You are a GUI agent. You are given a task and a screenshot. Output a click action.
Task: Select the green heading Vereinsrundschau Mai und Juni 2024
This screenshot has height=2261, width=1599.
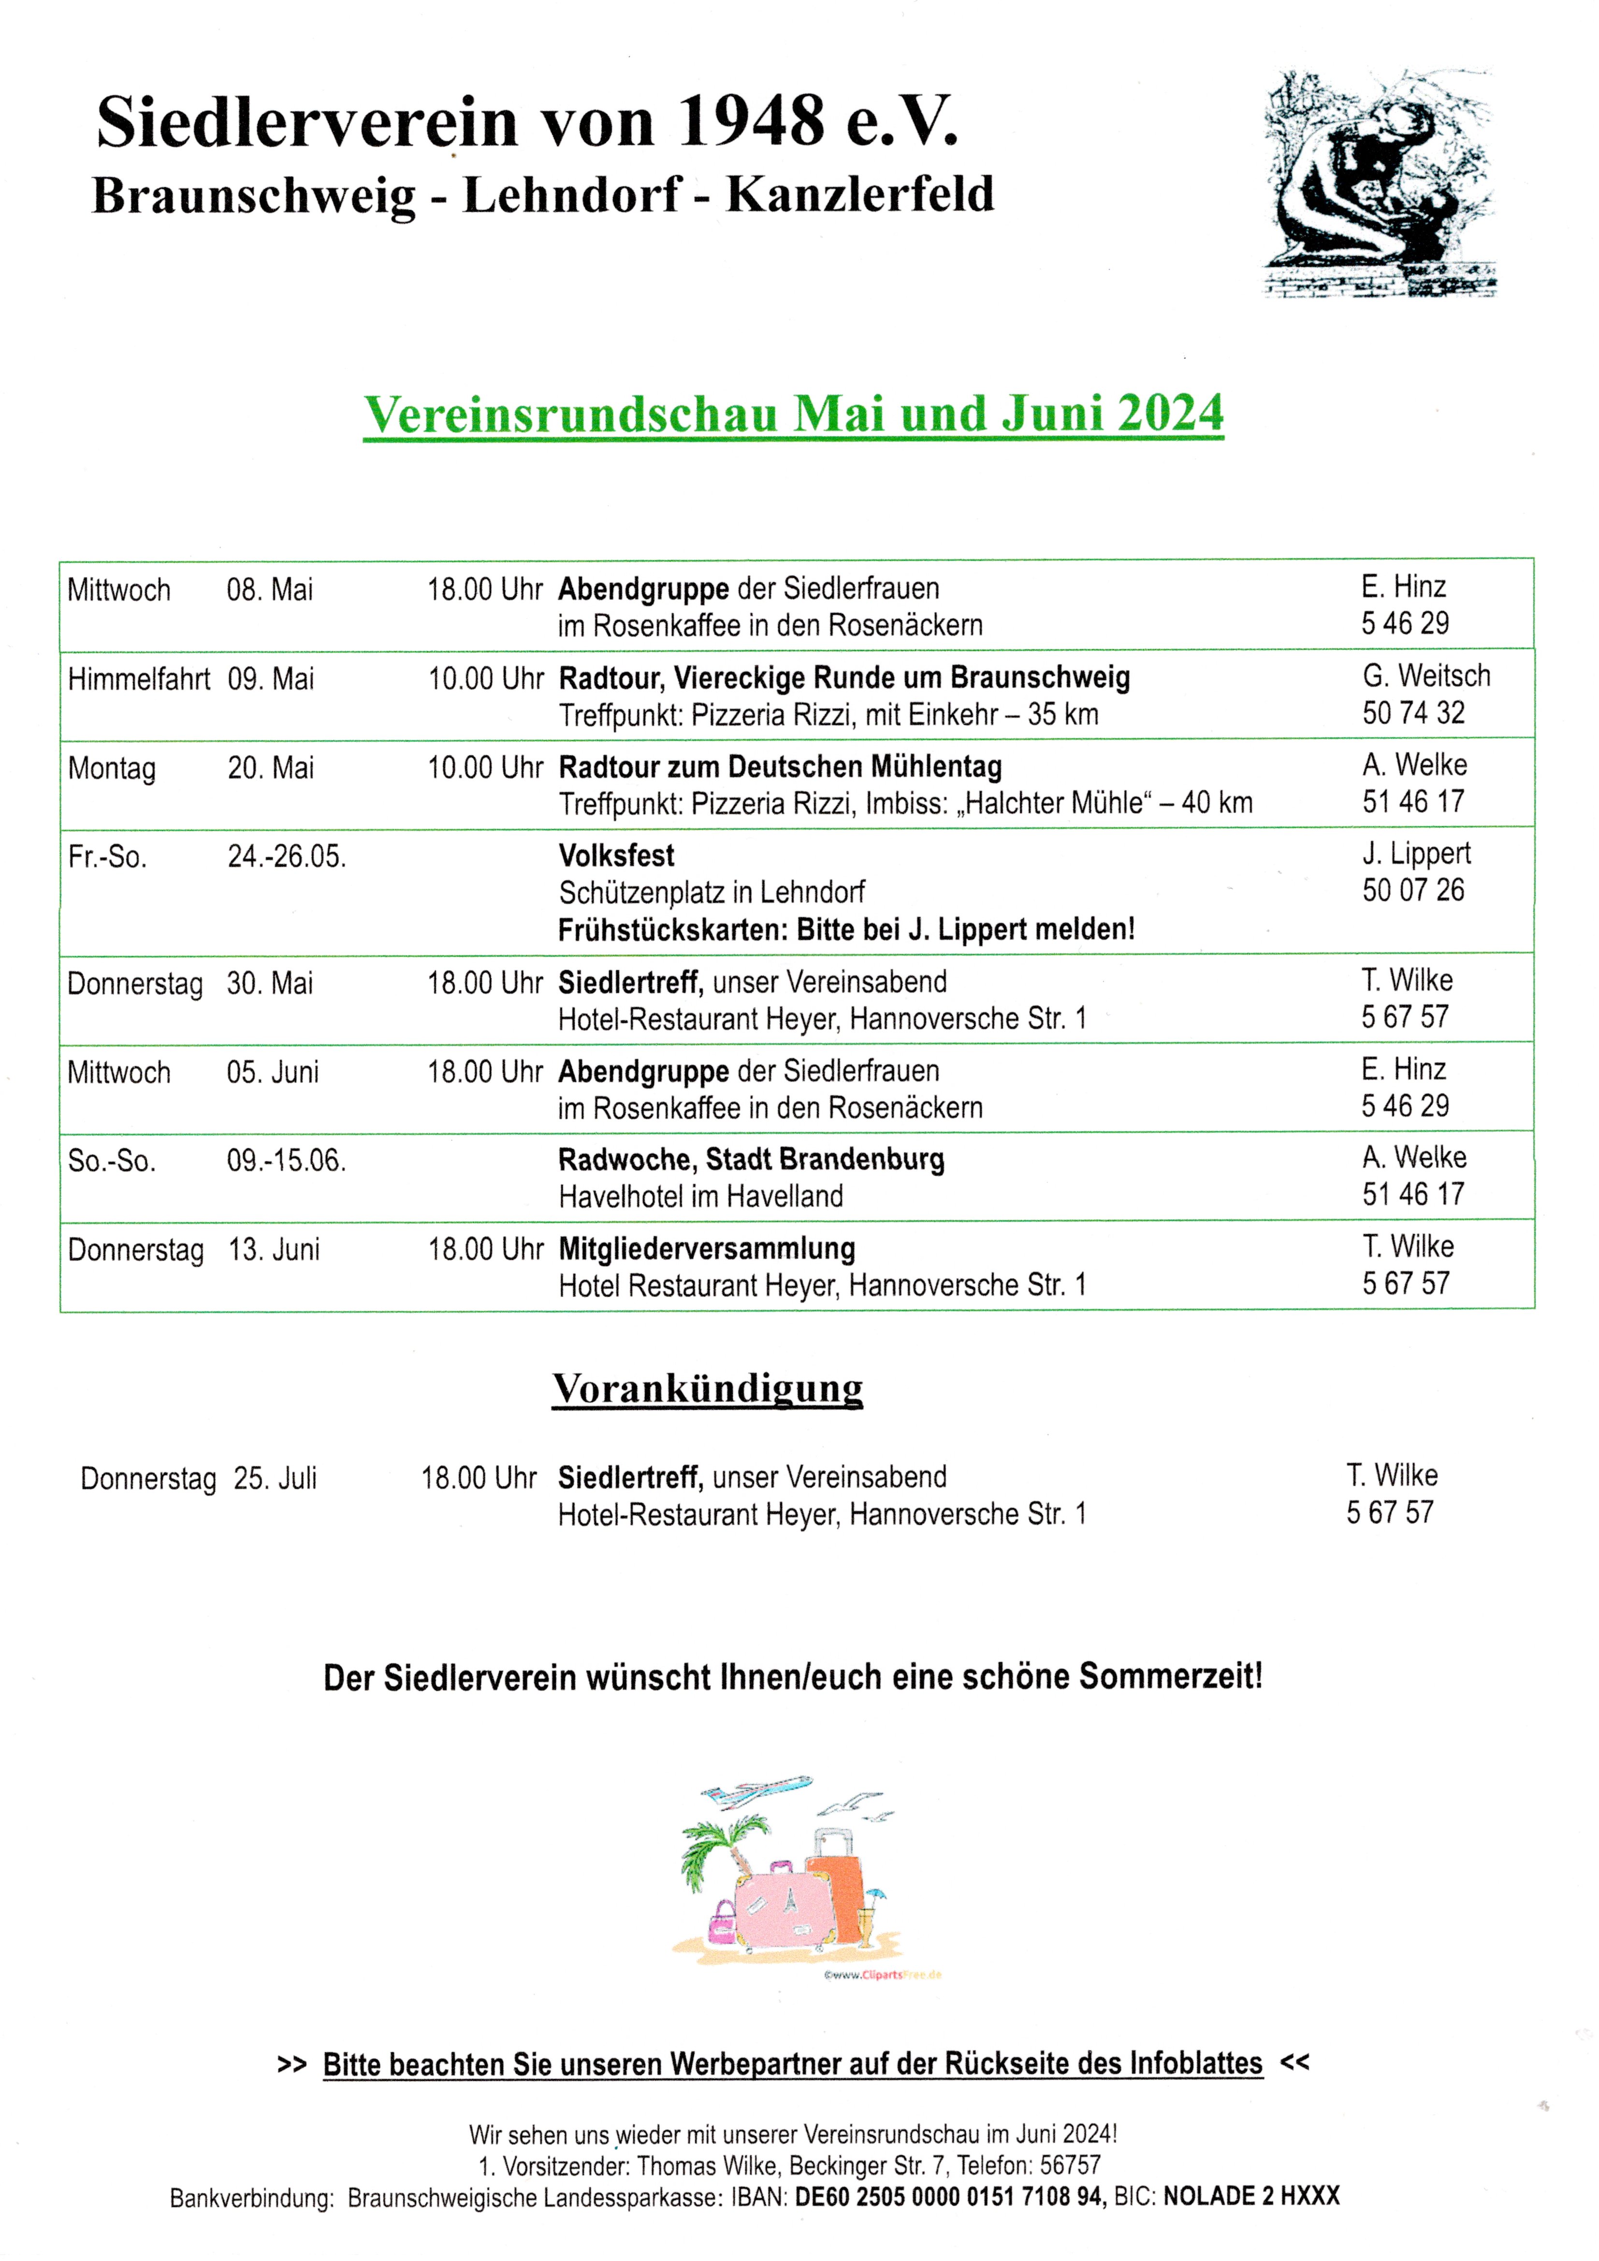click(793, 413)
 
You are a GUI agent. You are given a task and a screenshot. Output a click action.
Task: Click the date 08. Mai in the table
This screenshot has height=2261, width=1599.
click(270, 590)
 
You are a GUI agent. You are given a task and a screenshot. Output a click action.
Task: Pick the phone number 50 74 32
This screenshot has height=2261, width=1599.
click(1413, 713)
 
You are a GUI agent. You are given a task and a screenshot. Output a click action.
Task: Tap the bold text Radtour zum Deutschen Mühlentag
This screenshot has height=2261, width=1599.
click(780, 767)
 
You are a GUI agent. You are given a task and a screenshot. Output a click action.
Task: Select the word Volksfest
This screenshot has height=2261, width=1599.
click(616, 856)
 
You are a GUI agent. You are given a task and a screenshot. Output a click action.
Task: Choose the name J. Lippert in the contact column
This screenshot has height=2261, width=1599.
click(1416, 854)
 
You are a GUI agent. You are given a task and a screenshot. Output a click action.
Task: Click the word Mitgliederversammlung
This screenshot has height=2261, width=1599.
click(706, 1248)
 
